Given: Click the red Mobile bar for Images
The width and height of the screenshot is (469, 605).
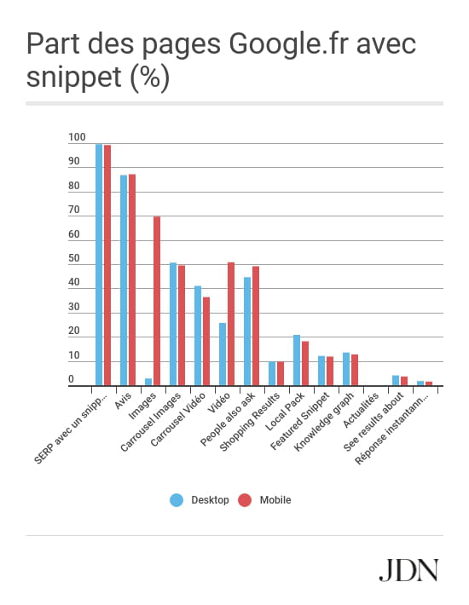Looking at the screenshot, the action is [157, 301].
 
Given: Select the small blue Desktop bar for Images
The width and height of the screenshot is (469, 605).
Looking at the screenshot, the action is [148, 382].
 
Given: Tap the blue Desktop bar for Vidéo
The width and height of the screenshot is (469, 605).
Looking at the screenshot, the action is [223, 354].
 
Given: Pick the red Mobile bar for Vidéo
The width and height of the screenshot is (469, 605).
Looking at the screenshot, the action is [231, 324].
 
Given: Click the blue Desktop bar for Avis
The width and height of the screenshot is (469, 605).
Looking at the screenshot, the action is [124, 280].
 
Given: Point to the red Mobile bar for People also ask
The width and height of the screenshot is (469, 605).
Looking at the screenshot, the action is [256, 326].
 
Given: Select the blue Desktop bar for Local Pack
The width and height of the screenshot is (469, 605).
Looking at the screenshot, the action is [297, 360].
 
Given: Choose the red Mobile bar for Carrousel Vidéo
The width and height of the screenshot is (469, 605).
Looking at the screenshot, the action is [206, 341].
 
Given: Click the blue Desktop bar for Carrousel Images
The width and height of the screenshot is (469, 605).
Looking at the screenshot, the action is [173, 324].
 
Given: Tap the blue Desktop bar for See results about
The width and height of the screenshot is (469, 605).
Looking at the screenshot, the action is [396, 380].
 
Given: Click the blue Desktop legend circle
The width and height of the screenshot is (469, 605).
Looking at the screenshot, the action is [177, 500].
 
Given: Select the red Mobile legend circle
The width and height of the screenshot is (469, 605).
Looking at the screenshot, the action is [245, 500].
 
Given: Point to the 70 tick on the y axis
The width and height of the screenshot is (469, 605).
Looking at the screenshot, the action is [73, 210].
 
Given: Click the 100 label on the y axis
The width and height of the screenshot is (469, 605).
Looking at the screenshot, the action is [77, 137].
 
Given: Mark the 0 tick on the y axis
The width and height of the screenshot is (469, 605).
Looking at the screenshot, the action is [71, 379].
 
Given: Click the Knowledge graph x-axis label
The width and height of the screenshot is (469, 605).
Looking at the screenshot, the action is [323, 422].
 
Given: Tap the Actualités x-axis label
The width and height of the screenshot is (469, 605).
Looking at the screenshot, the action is [361, 411].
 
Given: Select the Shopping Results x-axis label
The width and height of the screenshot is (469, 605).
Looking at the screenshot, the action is [249, 422].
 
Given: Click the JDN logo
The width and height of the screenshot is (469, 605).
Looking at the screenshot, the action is [408, 570].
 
